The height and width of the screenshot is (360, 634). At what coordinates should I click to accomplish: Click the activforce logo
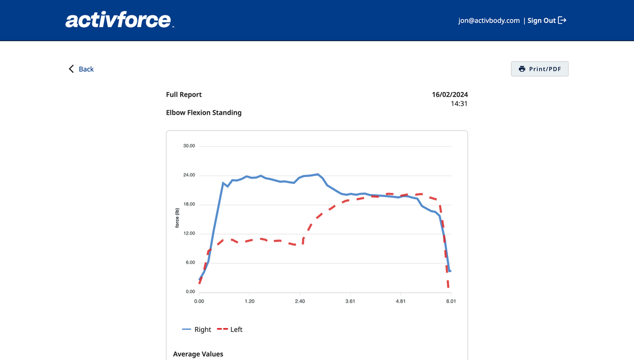click(118, 21)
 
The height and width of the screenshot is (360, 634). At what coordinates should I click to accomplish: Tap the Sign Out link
click(547, 21)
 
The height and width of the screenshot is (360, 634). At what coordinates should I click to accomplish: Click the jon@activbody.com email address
click(489, 21)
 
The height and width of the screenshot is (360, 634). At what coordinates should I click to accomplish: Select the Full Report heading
click(184, 95)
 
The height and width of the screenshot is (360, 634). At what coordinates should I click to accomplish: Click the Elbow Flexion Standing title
click(204, 113)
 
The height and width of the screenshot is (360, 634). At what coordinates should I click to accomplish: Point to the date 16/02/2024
click(450, 95)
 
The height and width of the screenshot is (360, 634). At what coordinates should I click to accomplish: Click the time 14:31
click(459, 104)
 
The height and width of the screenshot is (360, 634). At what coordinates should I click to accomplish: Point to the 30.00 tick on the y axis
click(189, 146)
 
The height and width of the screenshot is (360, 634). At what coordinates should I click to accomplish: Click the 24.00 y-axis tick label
click(189, 175)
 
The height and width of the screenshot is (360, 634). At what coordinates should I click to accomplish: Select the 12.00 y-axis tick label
click(189, 234)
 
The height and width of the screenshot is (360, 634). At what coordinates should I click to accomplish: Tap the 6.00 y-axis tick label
click(190, 263)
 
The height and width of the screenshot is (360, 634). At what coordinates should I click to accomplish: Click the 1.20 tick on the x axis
click(249, 301)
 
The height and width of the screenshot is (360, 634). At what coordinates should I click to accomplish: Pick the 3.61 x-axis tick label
click(350, 301)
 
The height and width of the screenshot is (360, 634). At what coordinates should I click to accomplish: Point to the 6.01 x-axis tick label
click(451, 301)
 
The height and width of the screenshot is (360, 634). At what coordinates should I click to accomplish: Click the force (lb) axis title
click(178, 219)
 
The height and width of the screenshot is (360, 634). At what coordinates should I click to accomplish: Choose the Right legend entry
click(197, 329)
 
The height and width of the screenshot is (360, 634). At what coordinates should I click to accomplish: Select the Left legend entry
click(232, 329)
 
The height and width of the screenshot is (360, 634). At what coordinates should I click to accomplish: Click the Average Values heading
click(198, 354)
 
